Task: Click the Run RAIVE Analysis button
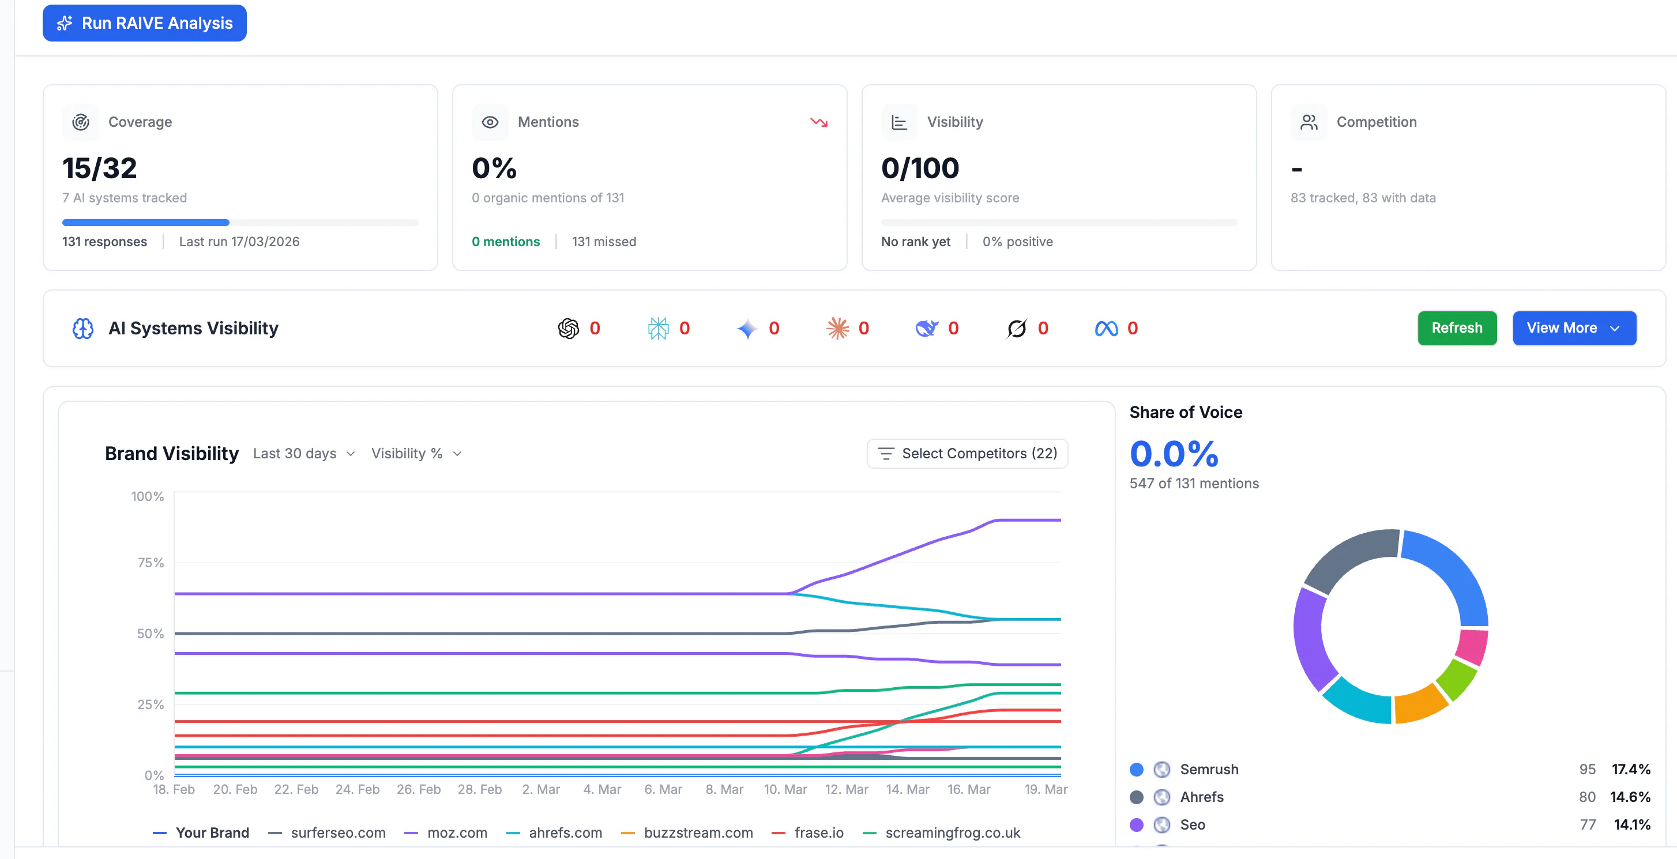pyautogui.click(x=145, y=24)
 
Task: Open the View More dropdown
pyautogui.click(x=1574, y=328)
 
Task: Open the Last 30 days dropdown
pyautogui.click(x=303, y=454)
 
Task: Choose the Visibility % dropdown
pyautogui.click(x=416, y=454)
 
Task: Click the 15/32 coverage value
pyautogui.click(x=100, y=168)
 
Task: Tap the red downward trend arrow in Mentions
pyautogui.click(x=818, y=122)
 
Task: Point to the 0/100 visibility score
pyautogui.click(x=920, y=168)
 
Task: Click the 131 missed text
pyautogui.click(x=603, y=242)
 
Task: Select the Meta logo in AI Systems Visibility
pyautogui.click(x=1106, y=329)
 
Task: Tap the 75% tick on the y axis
pyautogui.click(x=151, y=563)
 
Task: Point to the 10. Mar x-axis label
pyautogui.click(x=785, y=789)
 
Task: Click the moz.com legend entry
pyautogui.click(x=456, y=833)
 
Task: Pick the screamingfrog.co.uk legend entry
pyautogui.click(x=952, y=833)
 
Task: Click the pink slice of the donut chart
pyautogui.click(x=1471, y=647)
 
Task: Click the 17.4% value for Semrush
pyautogui.click(x=1631, y=769)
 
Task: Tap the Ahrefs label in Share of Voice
pyautogui.click(x=1202, y=797)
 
